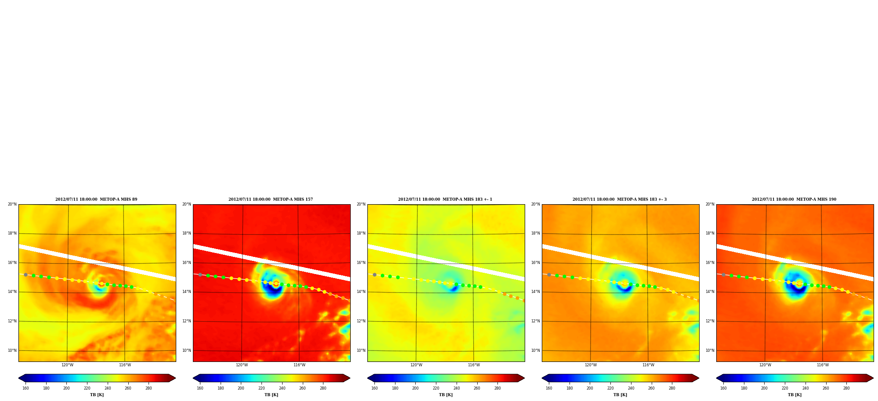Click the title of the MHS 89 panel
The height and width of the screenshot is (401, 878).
(96, 199)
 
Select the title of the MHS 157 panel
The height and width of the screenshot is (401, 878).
(271, 199)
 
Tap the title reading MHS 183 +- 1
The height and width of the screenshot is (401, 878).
(445, 199)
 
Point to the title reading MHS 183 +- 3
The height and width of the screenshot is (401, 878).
(620, 199)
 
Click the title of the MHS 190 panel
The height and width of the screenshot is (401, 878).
(794, 199)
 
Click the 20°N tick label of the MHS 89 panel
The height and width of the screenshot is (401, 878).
(12, 204)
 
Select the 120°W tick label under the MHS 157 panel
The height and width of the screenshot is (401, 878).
(242, 365)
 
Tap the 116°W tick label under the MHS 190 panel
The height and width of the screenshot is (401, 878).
(823, 365)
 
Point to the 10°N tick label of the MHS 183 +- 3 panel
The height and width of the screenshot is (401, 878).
(536, 350)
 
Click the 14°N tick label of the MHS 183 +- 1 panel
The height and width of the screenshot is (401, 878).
(361, 292)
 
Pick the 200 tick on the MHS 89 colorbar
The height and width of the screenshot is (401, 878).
(66, 388)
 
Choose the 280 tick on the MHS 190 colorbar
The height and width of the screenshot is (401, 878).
(846, 388)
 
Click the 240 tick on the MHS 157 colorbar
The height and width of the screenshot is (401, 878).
(282, 388)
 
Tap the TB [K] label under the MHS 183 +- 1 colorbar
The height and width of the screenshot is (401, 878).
(446, 395)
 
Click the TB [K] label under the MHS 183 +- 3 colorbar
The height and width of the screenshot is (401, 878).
(620, 395)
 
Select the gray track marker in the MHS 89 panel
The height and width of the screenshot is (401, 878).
(25, 275)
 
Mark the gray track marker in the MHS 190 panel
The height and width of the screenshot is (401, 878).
(723, 275)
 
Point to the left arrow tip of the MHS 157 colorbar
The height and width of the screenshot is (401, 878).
(193, 378)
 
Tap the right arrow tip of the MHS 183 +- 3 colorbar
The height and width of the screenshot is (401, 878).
(699, 378)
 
